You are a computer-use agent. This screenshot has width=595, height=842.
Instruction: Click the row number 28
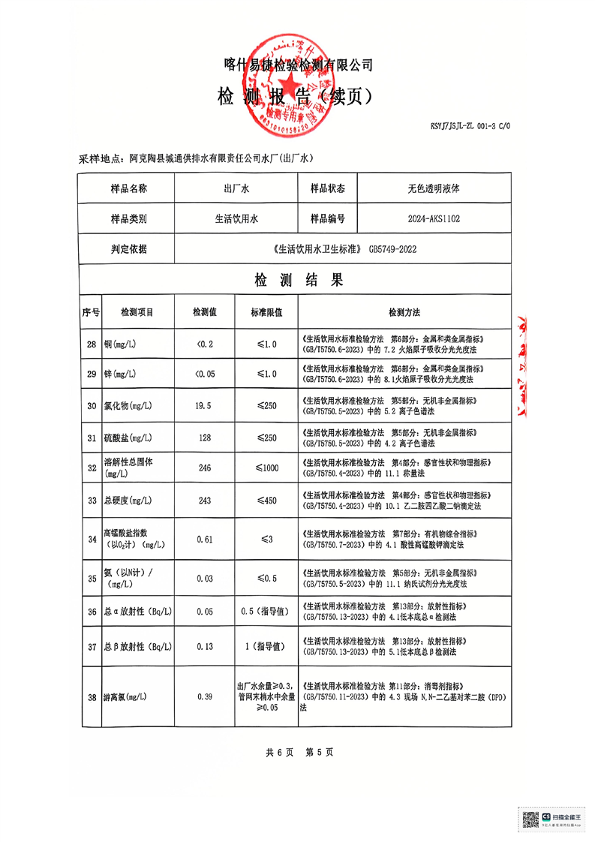(x=92, y=344)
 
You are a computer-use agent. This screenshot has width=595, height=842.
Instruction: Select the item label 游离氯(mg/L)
(x=126, y=697)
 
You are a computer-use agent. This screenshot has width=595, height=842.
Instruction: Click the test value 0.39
(x=204, y=697)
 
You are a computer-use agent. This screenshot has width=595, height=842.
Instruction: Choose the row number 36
(x=92, y=612)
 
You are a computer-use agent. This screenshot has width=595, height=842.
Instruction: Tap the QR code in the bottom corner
(x=530, y=819)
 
